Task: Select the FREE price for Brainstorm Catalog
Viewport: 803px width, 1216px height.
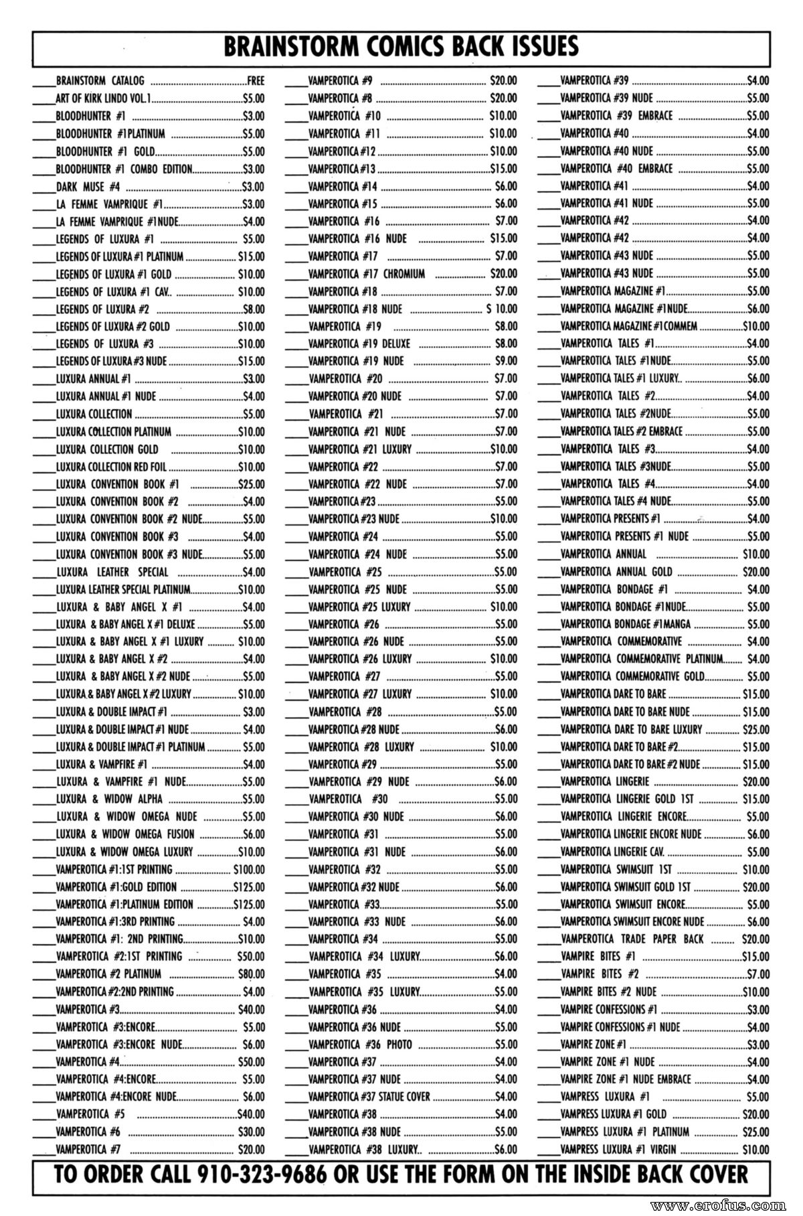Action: [256, 81]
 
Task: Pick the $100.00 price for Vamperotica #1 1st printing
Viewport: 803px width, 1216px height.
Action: [248, 869]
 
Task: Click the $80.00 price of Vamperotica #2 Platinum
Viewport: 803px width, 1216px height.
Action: [251, 974]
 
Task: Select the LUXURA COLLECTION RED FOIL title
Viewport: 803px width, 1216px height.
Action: [111, 466]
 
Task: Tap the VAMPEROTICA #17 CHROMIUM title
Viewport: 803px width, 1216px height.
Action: [366, 273]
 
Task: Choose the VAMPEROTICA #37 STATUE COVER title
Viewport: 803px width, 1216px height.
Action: [369, 1096]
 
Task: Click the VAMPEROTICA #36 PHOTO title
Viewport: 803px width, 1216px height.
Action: [360, 1044]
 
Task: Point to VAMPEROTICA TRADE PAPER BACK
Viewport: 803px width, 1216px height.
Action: [632, 939]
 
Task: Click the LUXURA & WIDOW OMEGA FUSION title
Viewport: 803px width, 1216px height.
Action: [125, 834]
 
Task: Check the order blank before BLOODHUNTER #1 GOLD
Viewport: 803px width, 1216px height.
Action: [43, 152]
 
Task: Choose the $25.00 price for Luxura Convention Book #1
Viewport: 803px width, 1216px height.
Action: [251, 483]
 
